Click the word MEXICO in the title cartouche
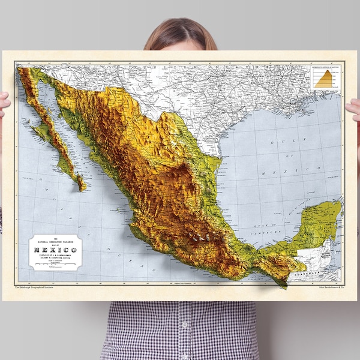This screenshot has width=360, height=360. pyautogui.click(x=55, y=248)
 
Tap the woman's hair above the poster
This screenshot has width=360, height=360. pyautogui.click(x=180, y=33)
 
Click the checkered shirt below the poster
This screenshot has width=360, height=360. pyautogui.click(x=180, y=330)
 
